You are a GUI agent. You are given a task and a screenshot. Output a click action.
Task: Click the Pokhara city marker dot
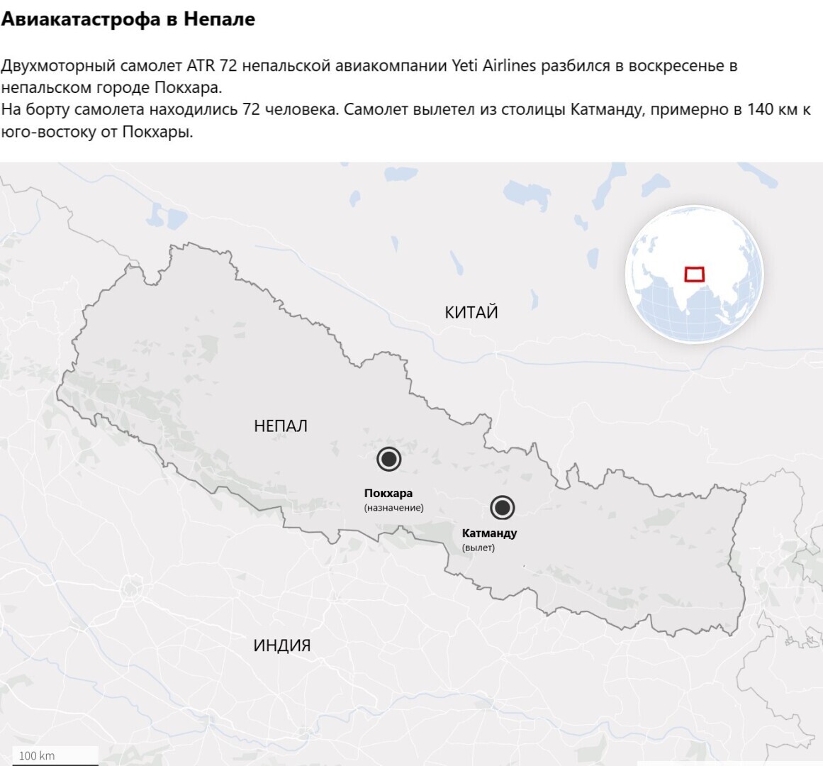[x=388, y=459]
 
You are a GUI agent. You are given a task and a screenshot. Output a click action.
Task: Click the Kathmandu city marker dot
[x=503, y=507]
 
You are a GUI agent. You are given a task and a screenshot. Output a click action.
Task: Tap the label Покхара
[x=388, y=493]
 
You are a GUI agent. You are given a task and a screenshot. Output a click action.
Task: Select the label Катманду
[x=489, y=533]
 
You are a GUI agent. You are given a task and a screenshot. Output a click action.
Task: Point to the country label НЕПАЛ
[x=281, y=426]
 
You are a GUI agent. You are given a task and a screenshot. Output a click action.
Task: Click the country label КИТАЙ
[x=471, y=312]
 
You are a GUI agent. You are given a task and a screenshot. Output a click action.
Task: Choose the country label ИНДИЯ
[x=282, y=645]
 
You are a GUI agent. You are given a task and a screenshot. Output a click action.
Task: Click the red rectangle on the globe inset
[x=694, y=274]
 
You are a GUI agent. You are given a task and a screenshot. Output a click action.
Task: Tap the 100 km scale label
[x=37, y=755]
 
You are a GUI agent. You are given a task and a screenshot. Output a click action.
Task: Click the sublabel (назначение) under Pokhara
[x=394, y=508]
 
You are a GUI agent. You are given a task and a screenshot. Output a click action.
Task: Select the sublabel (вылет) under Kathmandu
[x=478, y=548]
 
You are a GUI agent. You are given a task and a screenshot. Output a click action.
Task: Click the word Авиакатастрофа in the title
[x=81, y=19]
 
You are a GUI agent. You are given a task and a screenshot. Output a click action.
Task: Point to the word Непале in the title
[x=219, y=19]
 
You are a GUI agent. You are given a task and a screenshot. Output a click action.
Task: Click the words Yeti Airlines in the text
[x=493, y=66]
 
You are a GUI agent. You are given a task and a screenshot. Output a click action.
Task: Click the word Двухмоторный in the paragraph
[x=58, y=66]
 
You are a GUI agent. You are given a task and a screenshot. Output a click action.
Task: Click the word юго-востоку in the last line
[x=46, y=132]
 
